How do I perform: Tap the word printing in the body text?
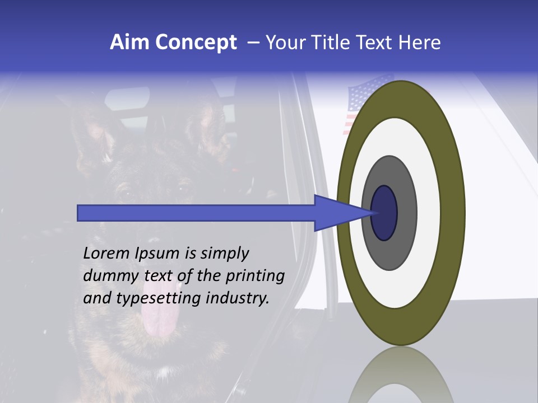click(x=255, y=277)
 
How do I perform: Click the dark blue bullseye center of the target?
click(x=384, y=213)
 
